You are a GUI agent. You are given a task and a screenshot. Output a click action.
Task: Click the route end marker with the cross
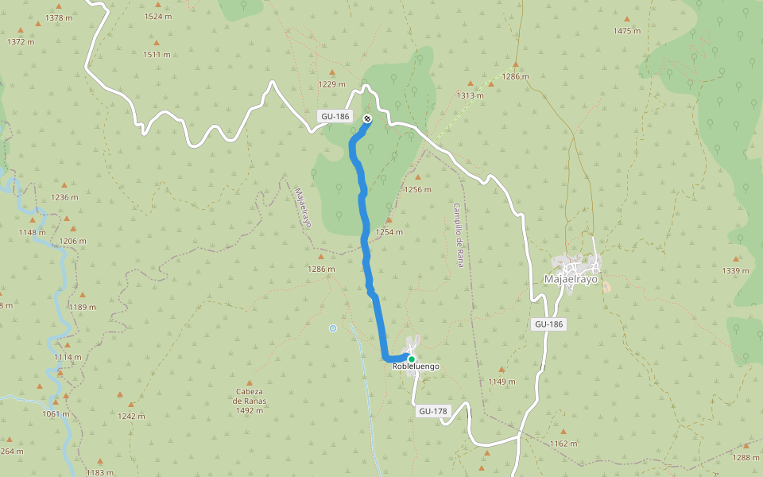tap(367, 119)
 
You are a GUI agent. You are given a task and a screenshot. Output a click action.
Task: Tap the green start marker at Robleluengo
tap(411, 359)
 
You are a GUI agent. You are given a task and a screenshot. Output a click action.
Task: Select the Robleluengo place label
tap(416, 366)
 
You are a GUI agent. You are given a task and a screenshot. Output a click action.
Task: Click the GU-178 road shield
tap(433, 411)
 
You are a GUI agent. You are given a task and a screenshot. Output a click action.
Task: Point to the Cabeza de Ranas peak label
tap(249, 401)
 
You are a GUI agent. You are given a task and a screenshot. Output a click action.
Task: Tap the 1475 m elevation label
tap(626, 31)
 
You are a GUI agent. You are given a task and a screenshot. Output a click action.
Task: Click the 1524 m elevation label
tap(158, 17)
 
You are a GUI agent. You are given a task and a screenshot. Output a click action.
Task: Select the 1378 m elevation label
tap(60, 17)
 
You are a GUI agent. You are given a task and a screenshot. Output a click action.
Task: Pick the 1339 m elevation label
tap(735, 271)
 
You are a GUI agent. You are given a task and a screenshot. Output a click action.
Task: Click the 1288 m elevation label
tap(746, 457)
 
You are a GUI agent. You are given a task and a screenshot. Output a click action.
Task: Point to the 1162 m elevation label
tap(563, 444)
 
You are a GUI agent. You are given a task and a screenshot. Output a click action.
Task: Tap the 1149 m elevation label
tap(502, 382)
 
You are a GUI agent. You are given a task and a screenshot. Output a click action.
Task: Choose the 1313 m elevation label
tap(470, 95)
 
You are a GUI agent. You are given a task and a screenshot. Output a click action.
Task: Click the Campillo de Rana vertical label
tap(459, 235)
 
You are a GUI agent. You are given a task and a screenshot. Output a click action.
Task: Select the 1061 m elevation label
tap(55, 413)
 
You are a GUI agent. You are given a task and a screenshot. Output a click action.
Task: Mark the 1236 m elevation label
tap(65, 197)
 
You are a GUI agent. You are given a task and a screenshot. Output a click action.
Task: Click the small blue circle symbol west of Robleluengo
tap(333, 328)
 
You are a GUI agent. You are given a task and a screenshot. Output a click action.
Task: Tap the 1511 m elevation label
tap(157, 55)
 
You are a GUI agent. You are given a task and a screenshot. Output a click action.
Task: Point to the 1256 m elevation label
tap(417, 189)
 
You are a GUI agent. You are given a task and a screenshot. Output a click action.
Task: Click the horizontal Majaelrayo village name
tap(571, 279)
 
